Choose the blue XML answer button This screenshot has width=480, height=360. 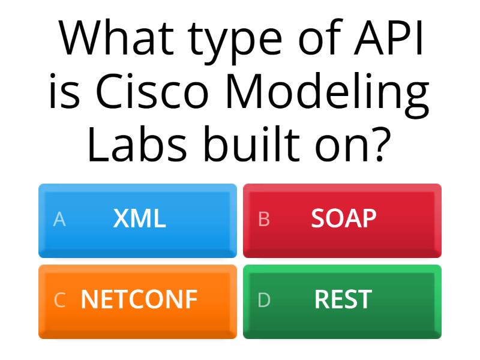138,220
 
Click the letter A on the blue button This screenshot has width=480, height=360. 59,220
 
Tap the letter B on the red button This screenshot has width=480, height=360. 264,220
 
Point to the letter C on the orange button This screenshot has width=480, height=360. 59,300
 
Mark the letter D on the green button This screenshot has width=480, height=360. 264,300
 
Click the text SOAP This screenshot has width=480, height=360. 343,219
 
